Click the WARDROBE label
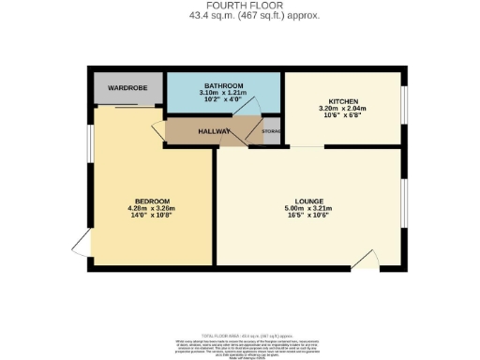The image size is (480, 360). pyautogui.click(x=128, y=88)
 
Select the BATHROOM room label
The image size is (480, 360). pyautogui.click(x=225, y=86)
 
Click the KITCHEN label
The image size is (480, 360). pyautogui.click(x=343, y=100)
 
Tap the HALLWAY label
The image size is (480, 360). pyautogui.click(x=214, y=132)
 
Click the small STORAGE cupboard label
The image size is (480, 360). pyautogui.click(x=272, y=132)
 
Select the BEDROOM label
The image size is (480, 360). pyautogui.click(x=152, y=201)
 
